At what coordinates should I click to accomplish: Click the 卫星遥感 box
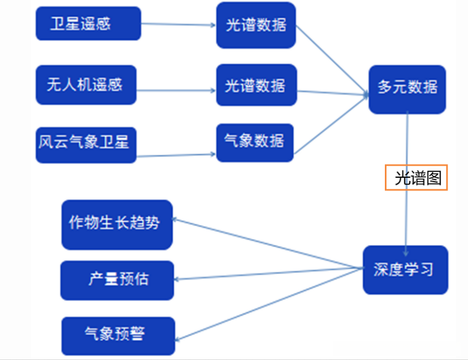pos(88,24)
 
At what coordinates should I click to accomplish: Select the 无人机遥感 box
pos(85,85)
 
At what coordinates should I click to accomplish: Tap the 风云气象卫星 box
pos(85,145)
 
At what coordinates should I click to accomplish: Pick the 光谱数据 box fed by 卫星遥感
pos(256,25)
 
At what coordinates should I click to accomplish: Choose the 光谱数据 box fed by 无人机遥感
pos(256,85)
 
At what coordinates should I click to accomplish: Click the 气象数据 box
pos(255,143)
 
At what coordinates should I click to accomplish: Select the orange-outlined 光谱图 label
pos(416,178)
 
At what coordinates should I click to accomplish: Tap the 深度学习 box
pos(405,270)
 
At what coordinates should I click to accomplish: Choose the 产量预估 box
pos(117,280)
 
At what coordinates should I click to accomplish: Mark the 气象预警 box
pos(118,335)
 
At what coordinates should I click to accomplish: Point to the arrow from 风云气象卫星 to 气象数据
pos(176,155)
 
